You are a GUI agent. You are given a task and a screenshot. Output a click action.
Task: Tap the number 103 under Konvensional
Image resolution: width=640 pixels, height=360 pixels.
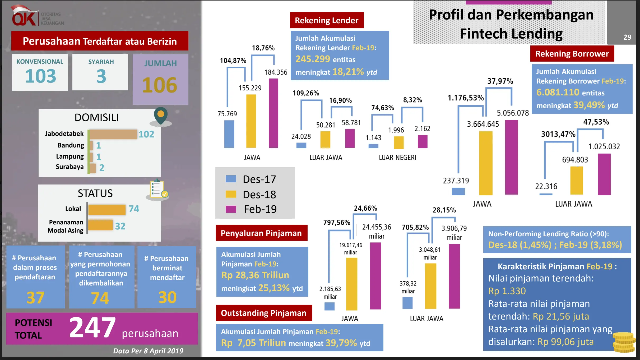40,76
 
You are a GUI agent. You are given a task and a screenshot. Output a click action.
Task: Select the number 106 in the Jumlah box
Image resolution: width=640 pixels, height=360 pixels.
160,85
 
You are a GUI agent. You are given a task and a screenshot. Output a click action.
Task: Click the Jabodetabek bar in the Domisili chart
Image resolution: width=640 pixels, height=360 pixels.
113,134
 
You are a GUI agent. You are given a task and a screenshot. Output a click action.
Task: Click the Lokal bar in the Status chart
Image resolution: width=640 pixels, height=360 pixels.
107,210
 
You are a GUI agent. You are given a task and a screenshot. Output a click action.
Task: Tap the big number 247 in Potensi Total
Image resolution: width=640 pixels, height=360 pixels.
92,328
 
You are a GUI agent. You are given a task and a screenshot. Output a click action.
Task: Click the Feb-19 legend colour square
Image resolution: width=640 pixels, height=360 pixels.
231,209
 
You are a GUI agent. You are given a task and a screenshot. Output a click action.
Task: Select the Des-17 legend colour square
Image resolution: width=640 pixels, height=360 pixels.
231,179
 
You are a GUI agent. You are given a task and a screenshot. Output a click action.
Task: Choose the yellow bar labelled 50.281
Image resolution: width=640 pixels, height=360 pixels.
325,139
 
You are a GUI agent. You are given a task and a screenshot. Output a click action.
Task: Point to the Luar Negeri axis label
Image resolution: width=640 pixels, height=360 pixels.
397,158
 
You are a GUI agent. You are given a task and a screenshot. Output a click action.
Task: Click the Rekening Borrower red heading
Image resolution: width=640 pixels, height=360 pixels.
572,54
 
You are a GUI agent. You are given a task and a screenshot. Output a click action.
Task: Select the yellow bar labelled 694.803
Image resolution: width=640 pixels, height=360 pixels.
577,181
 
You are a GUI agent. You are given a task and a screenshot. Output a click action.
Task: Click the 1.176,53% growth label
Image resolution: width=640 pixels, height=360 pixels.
466,98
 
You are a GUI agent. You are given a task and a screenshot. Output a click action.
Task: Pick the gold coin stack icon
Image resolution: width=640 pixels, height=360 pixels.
624,342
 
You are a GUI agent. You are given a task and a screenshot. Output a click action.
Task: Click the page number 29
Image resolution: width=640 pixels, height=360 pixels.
627,37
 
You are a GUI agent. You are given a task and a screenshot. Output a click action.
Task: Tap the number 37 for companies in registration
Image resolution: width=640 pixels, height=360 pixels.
35,298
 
